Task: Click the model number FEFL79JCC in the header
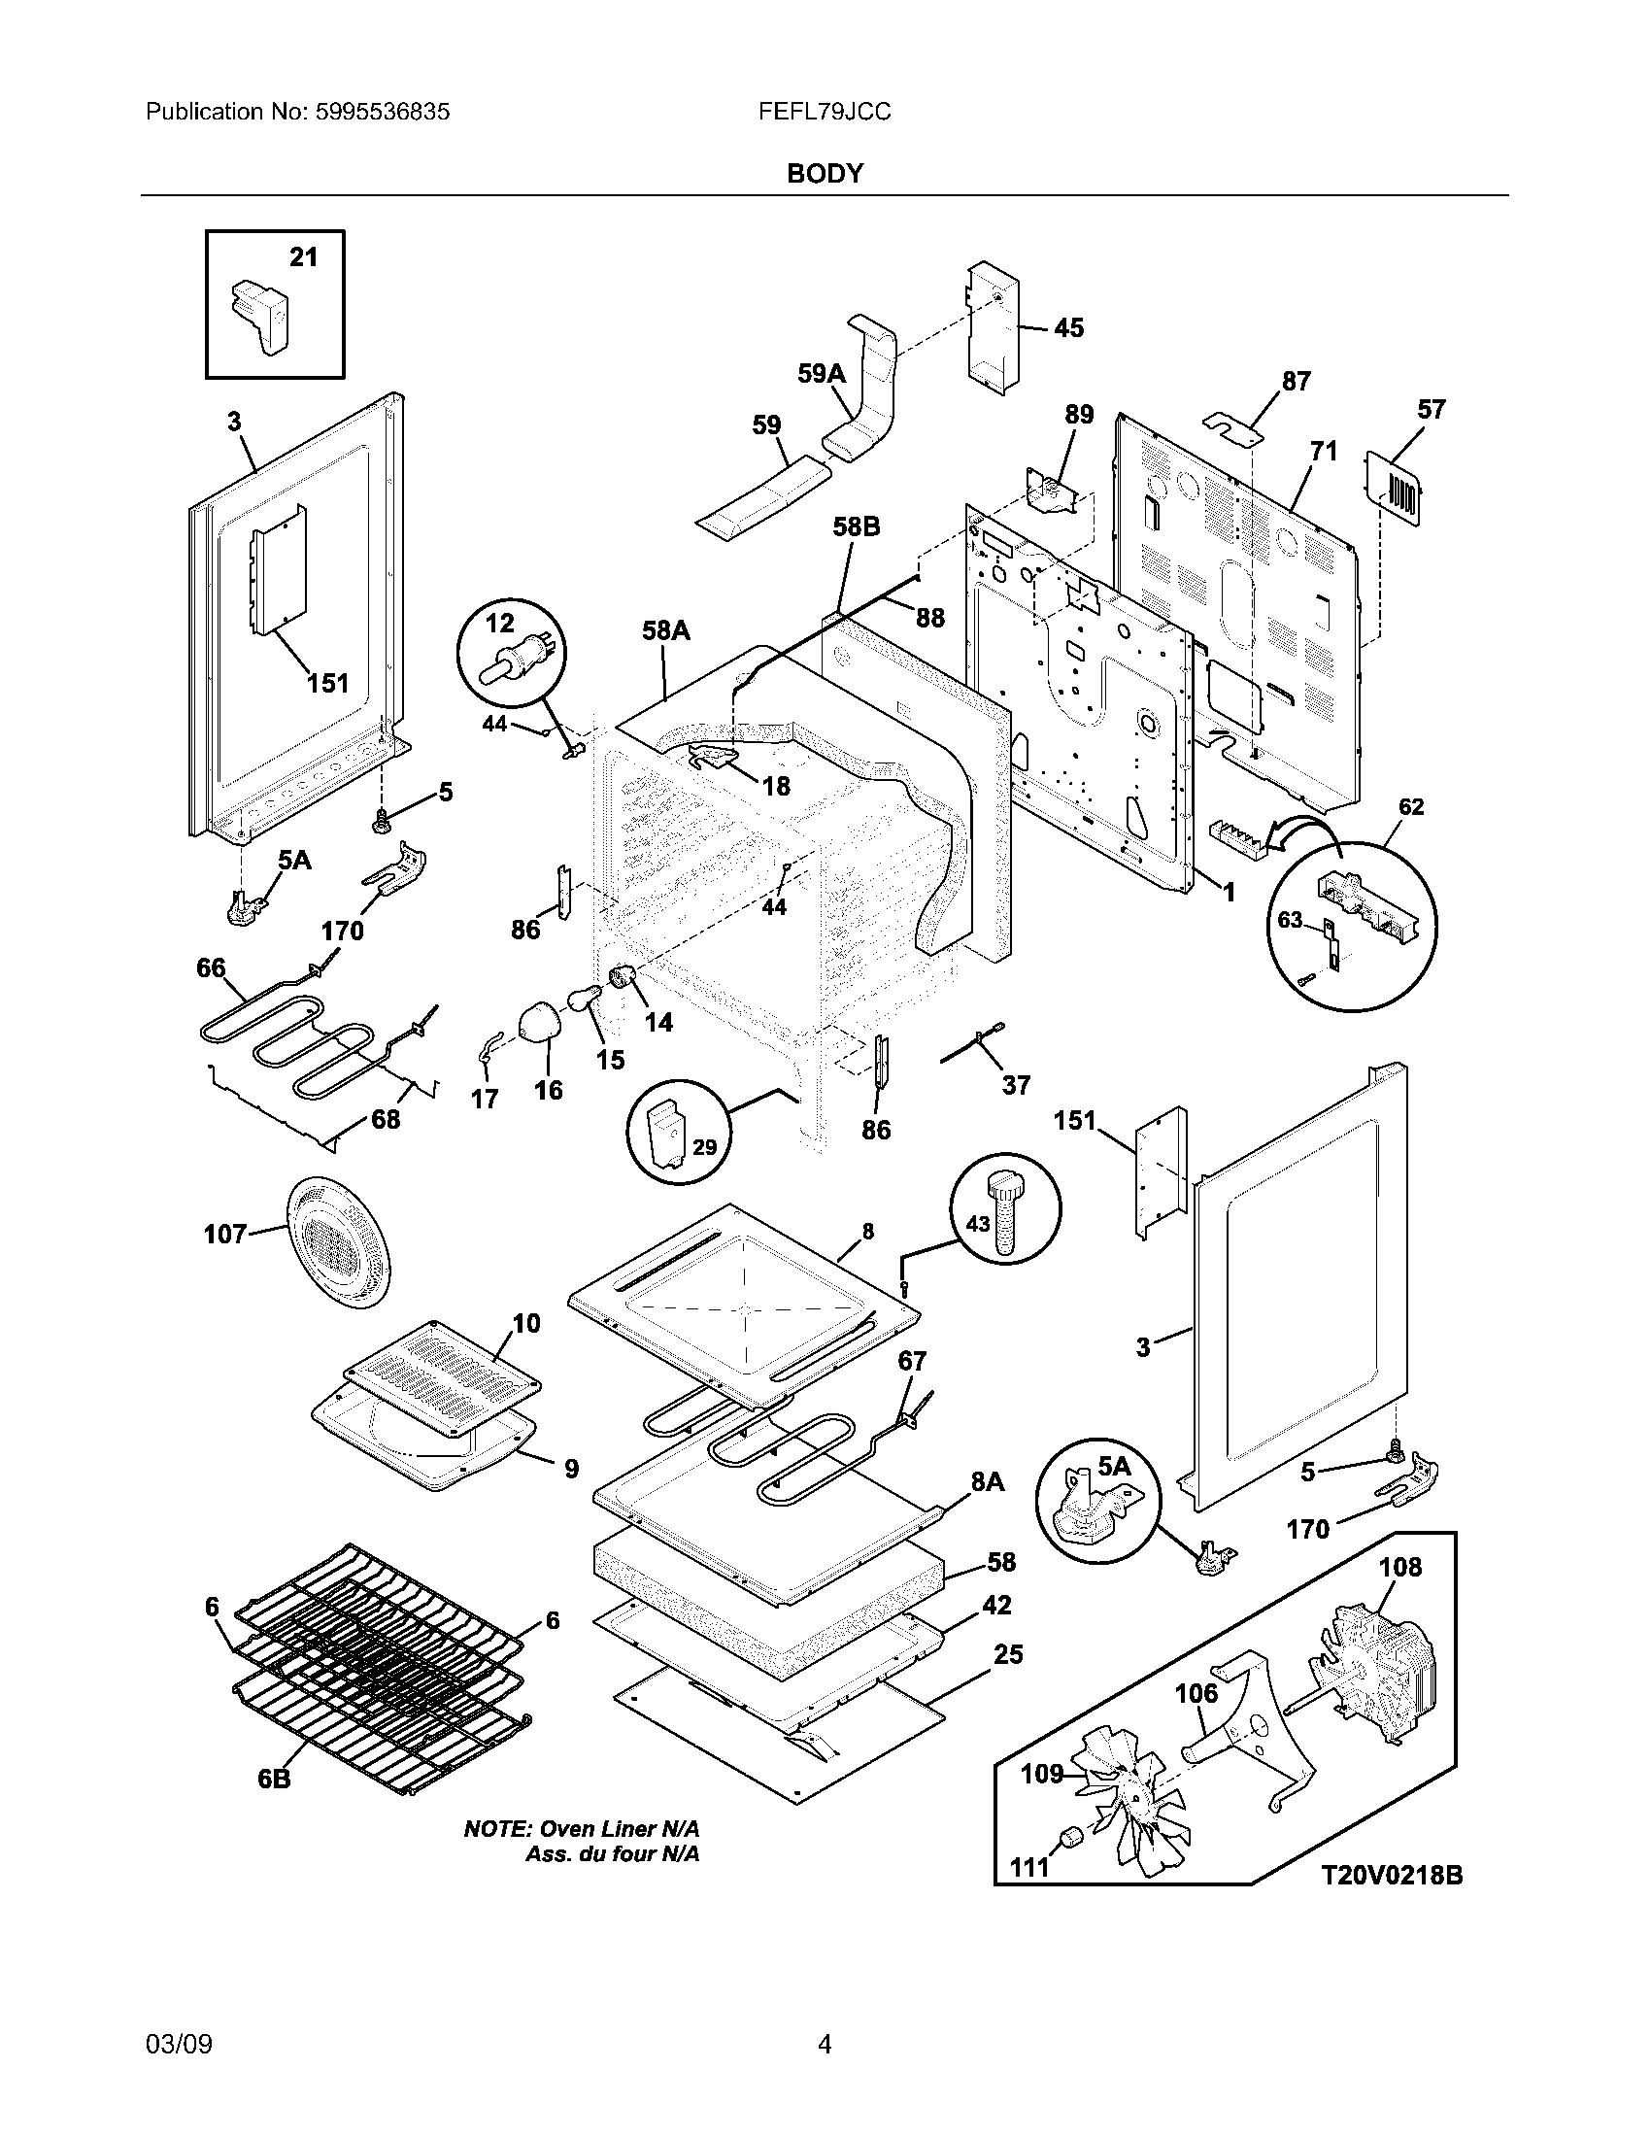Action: (824, 112)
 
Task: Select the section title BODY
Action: (825, 173)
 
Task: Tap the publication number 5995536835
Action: (383, 112)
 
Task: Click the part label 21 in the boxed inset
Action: (303, 256)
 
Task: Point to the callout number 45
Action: (1069, 327)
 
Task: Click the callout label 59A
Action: (822, 373)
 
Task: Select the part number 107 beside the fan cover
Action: (225, 1234)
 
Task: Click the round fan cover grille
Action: (336, 1242)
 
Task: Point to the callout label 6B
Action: (275, 1779)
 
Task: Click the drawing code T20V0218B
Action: (1392, 1875)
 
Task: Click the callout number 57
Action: (1431, 409)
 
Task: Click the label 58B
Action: (857, 527)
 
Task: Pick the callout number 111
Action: (1028, 1867)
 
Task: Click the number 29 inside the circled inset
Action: (704, 1147)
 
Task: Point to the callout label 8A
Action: (988, 1481)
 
